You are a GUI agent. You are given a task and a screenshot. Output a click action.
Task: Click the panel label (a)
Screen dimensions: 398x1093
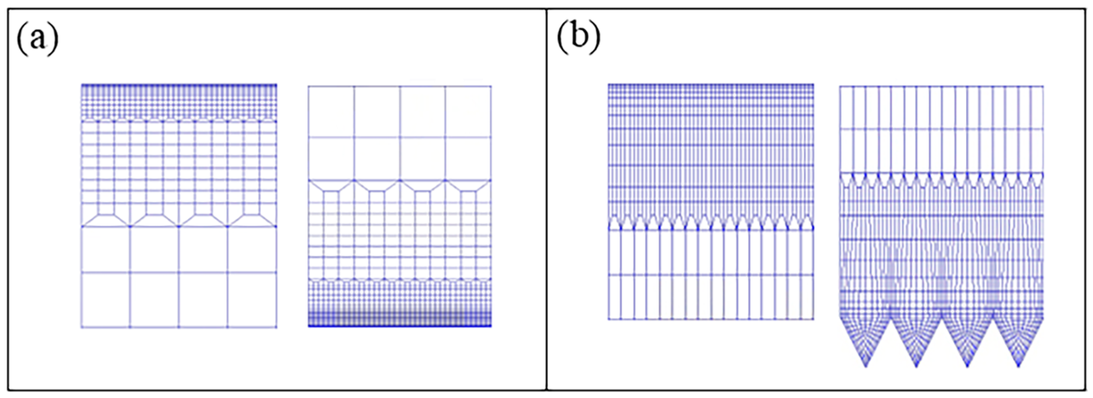pos(37,39)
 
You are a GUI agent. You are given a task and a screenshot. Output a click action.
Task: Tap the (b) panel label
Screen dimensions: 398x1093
pos(578,39)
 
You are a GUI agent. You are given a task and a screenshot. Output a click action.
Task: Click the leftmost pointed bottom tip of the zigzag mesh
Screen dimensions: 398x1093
pos(866,366)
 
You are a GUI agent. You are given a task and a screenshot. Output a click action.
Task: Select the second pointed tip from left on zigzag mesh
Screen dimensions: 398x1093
pos(916,366)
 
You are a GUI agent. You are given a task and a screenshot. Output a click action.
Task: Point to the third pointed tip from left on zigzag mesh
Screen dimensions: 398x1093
pos(967,366)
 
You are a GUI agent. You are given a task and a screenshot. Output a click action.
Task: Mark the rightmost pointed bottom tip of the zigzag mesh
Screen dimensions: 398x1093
pos(1018,366)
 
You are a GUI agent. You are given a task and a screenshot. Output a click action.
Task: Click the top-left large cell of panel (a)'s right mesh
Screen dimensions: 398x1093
pos(331,112)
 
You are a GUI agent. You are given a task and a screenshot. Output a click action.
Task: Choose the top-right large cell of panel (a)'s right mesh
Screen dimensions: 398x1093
pos(468,112)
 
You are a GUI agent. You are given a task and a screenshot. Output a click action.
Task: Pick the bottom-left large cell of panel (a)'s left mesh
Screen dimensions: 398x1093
pos(105,300)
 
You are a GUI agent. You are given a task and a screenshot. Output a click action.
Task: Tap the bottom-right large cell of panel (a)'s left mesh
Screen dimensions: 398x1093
pos(252,300)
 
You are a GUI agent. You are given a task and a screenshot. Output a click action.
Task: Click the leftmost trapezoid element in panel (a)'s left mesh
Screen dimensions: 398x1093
pos(106,220)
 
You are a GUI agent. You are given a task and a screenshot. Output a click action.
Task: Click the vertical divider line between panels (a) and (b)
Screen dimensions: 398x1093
pos(546,200)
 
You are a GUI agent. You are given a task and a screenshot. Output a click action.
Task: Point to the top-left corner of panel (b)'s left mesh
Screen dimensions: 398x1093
pos(608,84)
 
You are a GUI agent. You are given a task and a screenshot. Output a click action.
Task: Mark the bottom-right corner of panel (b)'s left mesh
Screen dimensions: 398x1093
pos(814,319)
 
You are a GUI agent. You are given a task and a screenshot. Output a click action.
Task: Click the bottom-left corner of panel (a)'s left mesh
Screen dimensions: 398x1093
pos(81,327)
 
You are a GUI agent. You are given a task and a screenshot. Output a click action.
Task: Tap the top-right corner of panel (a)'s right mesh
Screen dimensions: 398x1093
pos(491,86)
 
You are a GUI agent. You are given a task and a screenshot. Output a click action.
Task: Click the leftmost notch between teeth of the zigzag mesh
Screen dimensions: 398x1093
pos(891,318)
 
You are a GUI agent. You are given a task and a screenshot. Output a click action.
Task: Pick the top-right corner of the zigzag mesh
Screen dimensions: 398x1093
pos(1043,86)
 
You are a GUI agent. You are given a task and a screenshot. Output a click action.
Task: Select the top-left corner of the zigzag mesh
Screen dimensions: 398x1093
pos(840,86)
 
